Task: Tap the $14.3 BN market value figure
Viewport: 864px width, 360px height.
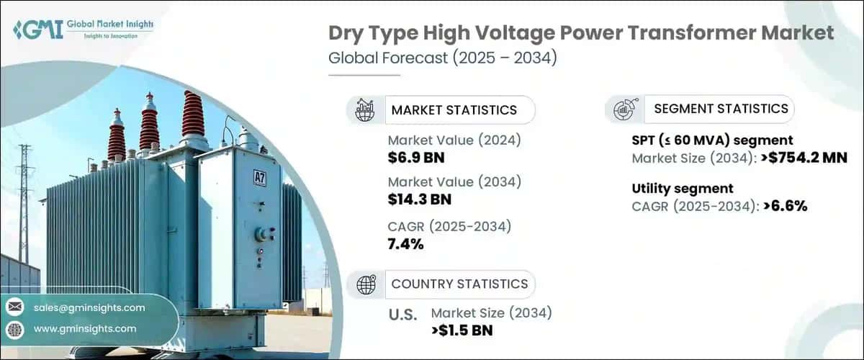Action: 420,199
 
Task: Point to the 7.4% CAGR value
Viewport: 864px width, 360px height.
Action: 405,244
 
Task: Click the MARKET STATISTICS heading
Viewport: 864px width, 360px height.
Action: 454,110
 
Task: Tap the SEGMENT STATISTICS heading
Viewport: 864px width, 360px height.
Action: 721,109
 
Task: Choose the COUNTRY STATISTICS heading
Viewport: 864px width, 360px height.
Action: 459,284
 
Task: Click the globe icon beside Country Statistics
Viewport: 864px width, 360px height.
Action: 366,285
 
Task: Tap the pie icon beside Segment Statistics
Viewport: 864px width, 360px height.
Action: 623,110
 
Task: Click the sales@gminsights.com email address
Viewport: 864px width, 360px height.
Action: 89,307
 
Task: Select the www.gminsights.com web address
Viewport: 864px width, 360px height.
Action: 84,328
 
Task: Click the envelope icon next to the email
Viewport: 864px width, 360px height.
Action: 14,307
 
